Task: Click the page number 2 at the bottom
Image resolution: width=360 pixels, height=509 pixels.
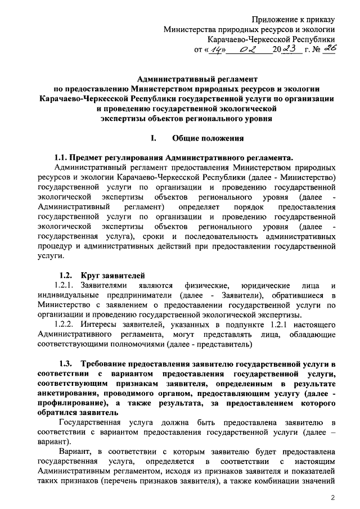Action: click(x=333, y=498)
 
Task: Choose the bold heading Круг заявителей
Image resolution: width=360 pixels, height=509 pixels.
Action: click(x=112, y=276)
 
